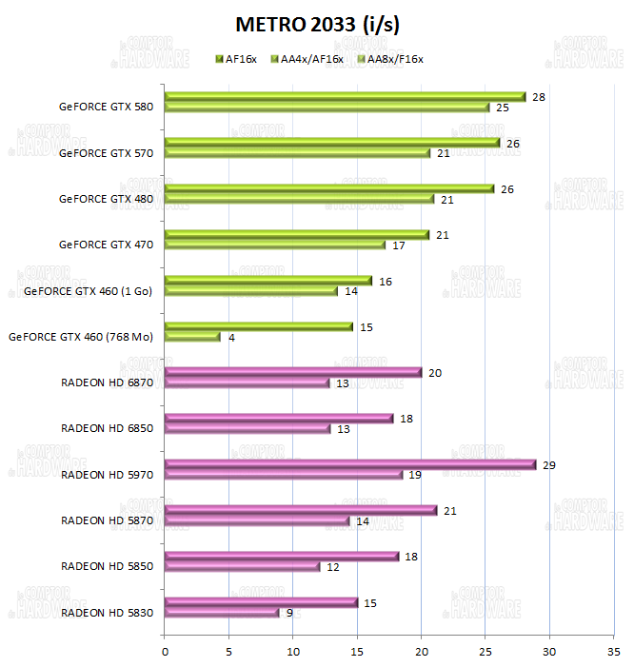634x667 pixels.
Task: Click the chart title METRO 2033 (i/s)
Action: pos(317,23)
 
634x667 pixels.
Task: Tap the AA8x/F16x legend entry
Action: pos(388,59)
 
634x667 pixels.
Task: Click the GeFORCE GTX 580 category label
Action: pos(106,107)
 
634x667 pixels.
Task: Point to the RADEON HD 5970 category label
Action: pos(108,474)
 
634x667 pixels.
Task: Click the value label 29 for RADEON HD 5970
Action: pos(548,465)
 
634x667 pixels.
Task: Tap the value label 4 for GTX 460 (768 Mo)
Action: pos(232,337)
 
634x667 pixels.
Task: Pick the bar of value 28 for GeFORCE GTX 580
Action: pos(345,96)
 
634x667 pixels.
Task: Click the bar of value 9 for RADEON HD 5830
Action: pos(222,613)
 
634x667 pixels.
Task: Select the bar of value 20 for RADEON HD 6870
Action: pos(293,372)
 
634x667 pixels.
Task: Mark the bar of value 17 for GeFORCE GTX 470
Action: pos(274,245)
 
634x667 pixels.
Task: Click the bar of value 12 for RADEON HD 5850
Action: pos(242,566)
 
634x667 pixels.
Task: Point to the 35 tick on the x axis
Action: pos(613,652)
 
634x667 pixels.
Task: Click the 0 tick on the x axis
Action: pos(166,652)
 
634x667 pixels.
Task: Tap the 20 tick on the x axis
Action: pos(421,652)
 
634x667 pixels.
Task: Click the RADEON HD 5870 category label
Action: pos(108,520)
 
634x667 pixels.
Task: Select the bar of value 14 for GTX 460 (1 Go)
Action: pos(251,291)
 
